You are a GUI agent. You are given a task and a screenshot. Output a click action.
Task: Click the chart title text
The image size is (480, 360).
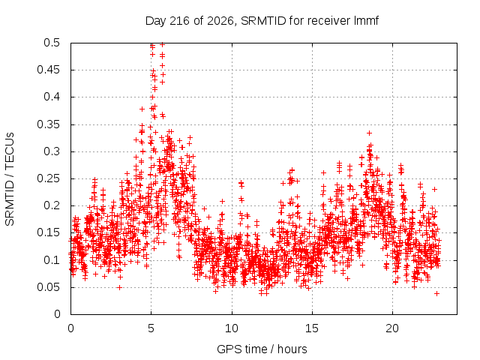click(x=262, y=21)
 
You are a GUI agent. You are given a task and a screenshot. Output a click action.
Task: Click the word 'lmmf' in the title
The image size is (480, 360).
click(x=367, y=20)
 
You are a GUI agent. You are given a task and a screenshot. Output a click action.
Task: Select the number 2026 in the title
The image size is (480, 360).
click(x=220, y=21)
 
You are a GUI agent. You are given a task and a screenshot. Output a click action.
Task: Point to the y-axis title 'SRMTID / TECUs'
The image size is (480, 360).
click(x=10, y=179)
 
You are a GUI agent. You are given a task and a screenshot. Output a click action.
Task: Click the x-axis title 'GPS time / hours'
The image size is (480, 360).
click(x=262, y=349)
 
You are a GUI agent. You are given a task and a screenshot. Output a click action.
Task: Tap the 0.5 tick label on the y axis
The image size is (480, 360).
click(x=52, y=43)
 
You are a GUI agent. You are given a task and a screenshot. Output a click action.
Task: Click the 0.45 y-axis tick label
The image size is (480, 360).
click(x=48, y=70)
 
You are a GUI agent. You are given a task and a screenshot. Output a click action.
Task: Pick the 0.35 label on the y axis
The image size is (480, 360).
click(x=48, y=124)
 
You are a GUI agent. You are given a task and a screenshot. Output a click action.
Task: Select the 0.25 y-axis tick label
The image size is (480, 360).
click(x=48, y=178)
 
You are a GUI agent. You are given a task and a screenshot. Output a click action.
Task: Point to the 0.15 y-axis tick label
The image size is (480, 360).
click(x=48, y=232)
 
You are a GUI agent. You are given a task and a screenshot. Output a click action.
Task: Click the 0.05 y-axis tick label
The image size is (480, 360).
click(x=48, y=287)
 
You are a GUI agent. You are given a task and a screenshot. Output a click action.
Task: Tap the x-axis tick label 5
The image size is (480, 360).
click(x=151, y=328)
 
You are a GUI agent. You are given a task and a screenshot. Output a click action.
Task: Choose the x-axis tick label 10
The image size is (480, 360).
click(x=232, y=328)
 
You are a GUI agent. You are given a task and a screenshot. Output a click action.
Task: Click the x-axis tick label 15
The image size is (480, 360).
click(x=312, y=328)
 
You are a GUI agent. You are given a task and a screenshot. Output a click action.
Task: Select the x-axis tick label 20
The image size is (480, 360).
click(x=392, y=328)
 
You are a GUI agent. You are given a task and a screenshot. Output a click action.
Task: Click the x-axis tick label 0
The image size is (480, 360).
click(x=70, y=328)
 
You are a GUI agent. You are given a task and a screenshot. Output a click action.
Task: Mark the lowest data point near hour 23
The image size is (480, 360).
click(x=436, y=293)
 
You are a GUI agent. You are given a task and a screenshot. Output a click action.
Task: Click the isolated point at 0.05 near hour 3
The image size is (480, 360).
click(x=120, y=287)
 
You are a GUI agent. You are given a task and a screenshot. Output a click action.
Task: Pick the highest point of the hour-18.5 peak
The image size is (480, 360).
click(x=370, y=133)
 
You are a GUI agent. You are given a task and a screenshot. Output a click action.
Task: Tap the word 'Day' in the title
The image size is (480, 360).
click(x=156, y=21)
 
